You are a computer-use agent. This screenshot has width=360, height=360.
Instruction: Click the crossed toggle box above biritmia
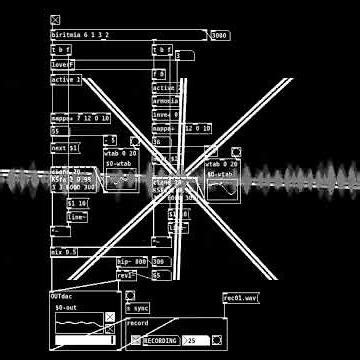[55, 20]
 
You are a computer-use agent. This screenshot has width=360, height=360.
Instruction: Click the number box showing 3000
[220, 36]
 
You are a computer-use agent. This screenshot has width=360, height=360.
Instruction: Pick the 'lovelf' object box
[63, 64]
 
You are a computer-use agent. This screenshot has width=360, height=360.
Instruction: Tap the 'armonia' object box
[165, 101]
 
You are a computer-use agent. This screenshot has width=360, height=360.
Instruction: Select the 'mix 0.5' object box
[64, 252]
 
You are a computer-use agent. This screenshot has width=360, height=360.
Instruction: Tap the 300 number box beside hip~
[159, 262]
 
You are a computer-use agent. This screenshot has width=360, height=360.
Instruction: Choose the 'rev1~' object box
[126, 274]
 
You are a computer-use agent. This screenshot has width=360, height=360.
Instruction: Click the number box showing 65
[156, 275]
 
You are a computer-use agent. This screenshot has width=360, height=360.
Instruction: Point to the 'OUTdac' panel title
[62, 297]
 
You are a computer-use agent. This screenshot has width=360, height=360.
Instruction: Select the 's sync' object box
[137, 308]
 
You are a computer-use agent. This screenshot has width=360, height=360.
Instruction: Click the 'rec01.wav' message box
[240, 297]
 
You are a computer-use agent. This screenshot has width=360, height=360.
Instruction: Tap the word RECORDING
[160, 341]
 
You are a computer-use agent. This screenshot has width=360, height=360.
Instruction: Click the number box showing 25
[196, 341]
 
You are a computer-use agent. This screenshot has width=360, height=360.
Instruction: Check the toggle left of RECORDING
[136, 341]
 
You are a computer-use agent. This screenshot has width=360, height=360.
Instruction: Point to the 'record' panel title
[138, 323]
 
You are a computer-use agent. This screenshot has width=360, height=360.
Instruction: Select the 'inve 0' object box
[162, 114]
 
